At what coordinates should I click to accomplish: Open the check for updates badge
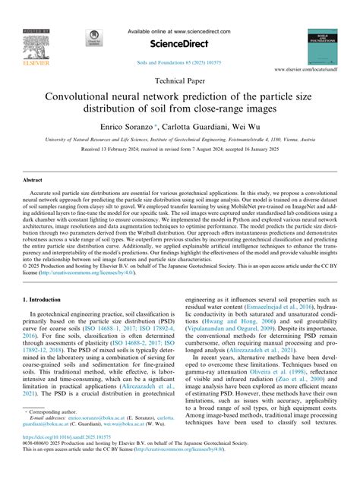pyautogui.click(x=93, y=40)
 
